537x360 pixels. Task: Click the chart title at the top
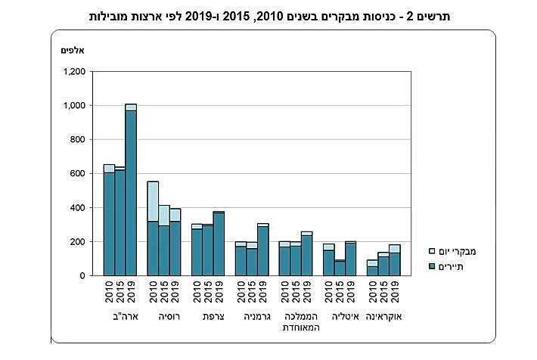(268, 15)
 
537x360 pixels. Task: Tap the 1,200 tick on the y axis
(77, 72)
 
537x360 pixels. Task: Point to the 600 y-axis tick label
(82, 174)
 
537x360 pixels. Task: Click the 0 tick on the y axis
(87, 276)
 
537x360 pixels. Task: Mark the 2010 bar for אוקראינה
(372, 268)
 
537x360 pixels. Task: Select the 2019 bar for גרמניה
(262, 250)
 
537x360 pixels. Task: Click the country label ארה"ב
(120, 317)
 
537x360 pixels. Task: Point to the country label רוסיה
(163, 317)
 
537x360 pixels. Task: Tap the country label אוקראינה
(383, 317)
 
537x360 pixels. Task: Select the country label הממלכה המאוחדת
(295, 322)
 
